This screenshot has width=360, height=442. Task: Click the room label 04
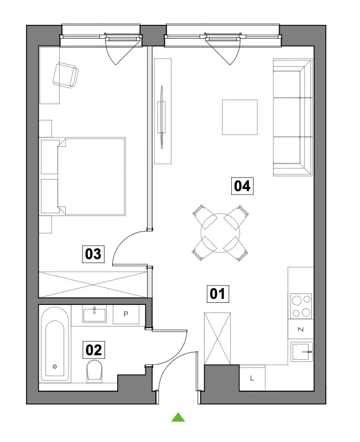(242, 186)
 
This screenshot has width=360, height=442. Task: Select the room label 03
(93, 254)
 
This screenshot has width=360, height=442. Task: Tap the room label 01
(218, 294)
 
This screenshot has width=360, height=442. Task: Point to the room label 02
(93, 350)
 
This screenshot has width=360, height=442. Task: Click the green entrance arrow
(178, 417)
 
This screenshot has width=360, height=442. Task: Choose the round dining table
(220, 233)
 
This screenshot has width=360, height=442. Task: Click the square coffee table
(240, 117)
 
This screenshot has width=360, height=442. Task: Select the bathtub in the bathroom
(55, 344)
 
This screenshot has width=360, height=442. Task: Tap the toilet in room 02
(95, 371)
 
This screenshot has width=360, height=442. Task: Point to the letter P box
(126, 314)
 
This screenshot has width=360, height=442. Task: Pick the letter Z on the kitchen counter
(301, 329)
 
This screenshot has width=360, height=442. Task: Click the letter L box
(252, 378)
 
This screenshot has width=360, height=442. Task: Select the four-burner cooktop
(301, 306)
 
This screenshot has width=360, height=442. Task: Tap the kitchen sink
(301, 352)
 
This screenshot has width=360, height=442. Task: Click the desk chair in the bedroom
(65, 75)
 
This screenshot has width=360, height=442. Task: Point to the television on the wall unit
(162, 117)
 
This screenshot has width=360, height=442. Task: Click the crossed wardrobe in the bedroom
(93, 285)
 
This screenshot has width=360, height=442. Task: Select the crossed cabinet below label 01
(217, 338)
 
